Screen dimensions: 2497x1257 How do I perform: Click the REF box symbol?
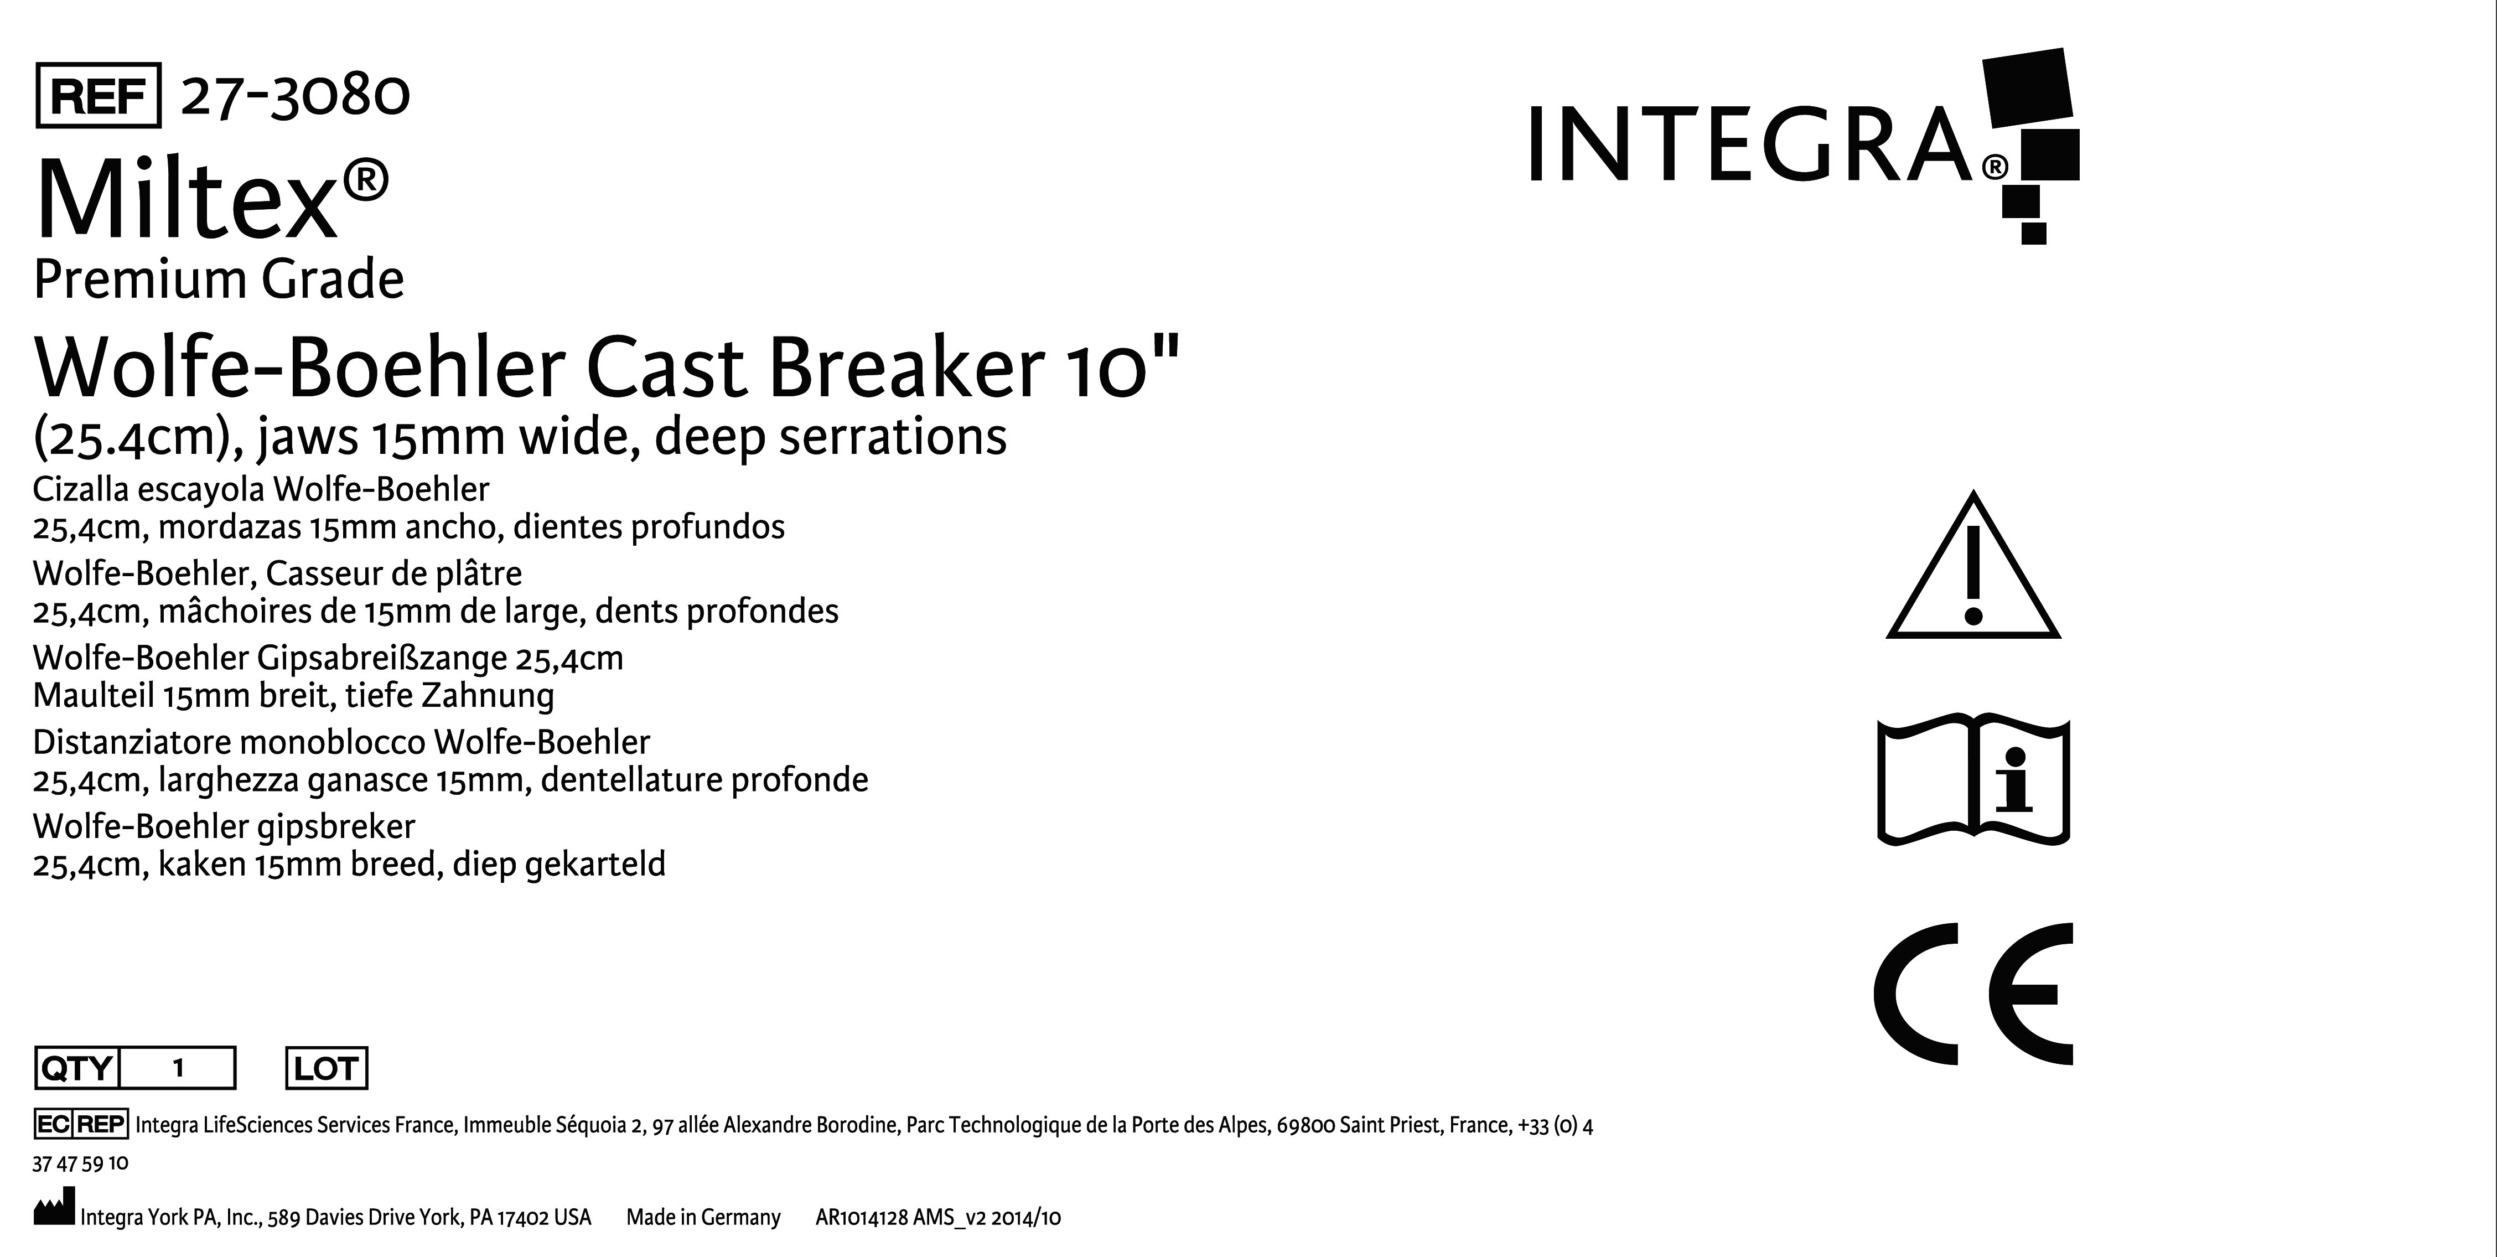(x=98, y=96)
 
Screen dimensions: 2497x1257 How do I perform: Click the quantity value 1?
(x=178, y=1068)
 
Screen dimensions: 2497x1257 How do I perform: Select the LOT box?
(x=327, y=1068)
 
